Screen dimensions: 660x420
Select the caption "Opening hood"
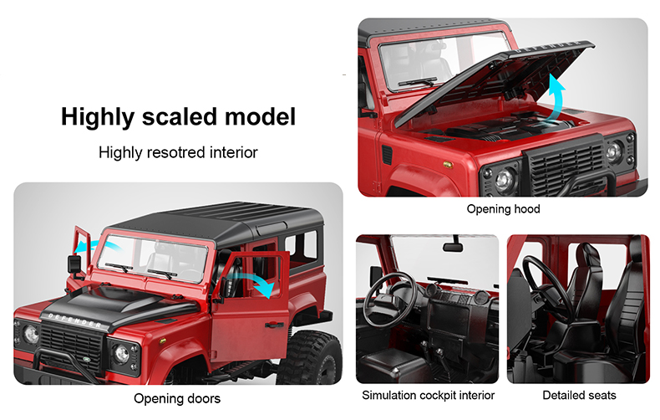[503, 208]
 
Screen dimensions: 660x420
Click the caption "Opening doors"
[177, 398]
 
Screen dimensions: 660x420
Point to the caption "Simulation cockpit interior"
[428, 395]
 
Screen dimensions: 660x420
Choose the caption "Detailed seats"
[579, 395]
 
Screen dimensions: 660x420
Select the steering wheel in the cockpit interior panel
[389, 300]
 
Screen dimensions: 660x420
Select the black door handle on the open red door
[274, 325]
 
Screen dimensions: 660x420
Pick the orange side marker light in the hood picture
[447, 165]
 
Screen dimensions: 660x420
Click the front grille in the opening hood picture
[566, 169]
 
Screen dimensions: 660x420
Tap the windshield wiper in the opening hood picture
[418, 82]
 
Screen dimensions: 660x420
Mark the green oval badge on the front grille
[86, 359]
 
